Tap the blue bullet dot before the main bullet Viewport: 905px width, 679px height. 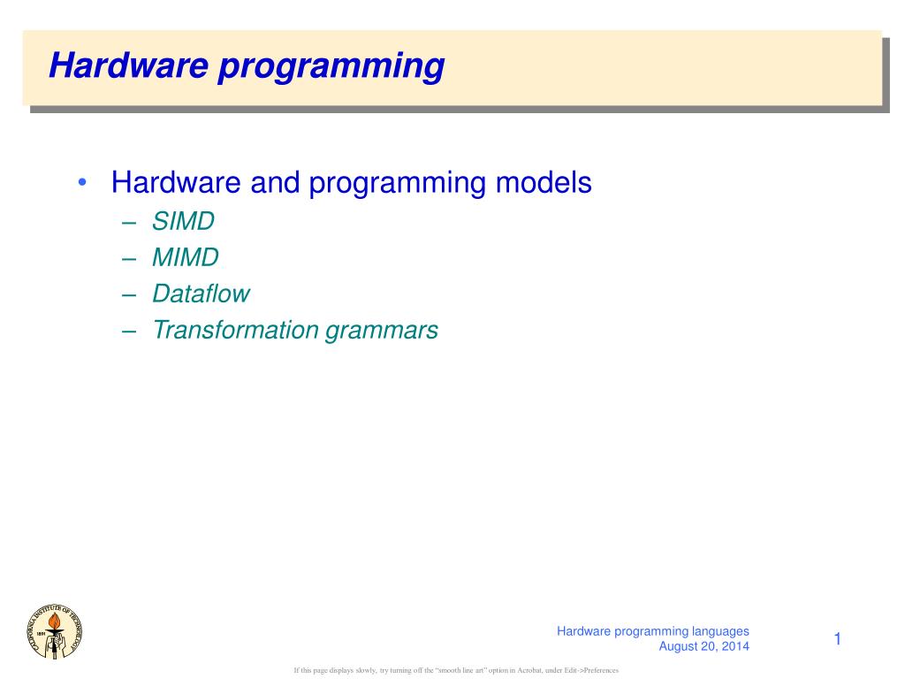tap(81, 183)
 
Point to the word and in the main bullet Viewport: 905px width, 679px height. tap(275, 183)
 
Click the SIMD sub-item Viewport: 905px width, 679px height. tap(183, 221)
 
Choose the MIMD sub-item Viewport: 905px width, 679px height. tap(185, 257)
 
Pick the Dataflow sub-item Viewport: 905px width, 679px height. tap(201, 294)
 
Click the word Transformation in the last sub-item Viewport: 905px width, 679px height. tap(235, 330)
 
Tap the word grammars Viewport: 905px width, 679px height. tap(382, 332)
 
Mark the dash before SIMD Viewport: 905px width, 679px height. tap(130, 222)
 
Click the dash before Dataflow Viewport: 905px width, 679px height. tap(130, 294)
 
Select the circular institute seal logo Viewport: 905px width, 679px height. tap(56, 629)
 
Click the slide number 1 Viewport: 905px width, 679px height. tap(836, 639)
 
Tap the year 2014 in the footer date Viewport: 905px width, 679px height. tap(734, 646)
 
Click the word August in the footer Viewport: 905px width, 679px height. tap(680, 646)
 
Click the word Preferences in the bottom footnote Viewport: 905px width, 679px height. tap(599, 671)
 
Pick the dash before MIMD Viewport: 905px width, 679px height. tap(130, 258)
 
